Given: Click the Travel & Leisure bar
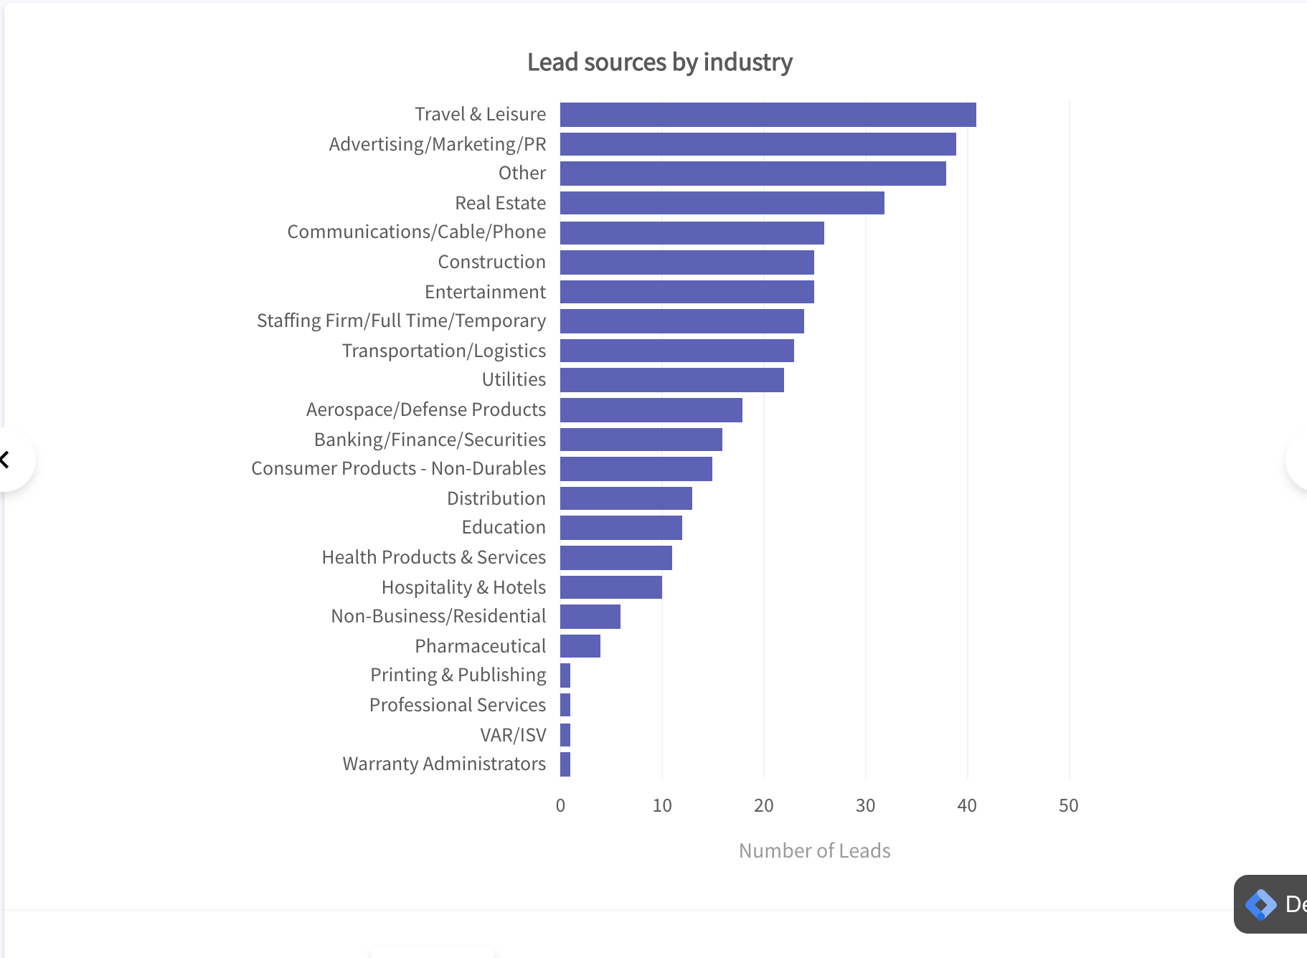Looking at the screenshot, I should (768, 115).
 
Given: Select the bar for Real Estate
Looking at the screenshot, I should (722, 203).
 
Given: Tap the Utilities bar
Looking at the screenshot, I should (671, 380).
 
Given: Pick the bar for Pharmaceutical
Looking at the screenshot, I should (580, 646).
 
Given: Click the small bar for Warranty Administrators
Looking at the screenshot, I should (565, 764).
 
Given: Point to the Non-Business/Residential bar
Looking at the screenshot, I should (590, 617).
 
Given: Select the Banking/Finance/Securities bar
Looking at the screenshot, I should (641, 440).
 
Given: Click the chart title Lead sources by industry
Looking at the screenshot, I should (659, 62).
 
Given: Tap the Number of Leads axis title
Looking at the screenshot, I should (814, 850).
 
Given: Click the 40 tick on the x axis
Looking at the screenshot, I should (966, 806).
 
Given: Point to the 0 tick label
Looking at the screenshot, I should (560, 806).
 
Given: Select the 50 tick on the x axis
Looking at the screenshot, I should (1068, 806).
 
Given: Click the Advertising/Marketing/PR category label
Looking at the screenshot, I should (438, 144).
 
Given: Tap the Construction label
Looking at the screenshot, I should (491, 262).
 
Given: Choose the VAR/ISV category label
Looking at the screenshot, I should (513, 735).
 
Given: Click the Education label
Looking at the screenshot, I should (504, 527).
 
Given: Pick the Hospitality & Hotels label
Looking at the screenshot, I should (463, 587).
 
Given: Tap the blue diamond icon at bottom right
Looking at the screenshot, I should (1260, 904).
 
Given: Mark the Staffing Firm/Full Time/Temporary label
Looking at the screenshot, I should (401, 321).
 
